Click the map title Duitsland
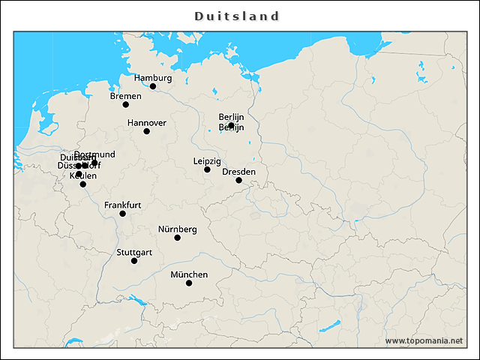click(x=237, y=16)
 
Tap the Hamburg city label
click(x=153, y=77)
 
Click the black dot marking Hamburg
click(x=153, y=86)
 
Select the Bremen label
click(x=125, y=95)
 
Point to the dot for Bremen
click(x=126, y=104)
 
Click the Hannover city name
click(x=146, y=122)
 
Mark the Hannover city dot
click(x=147, y=131)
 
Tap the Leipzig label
click(x=207, y=160)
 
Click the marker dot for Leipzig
click(x=208, y=169)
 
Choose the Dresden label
click(x=238, y=171)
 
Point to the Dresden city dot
click(x=239, y=180)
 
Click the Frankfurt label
click(x=122, y=205)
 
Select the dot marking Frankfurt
click(x=123, y=214)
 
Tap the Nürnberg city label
click(x=177, y=229)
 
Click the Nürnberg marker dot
click(x=178, y=238)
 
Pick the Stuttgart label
click(x=134, y=252)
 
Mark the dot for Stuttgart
click(x=134, y=261)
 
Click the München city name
click(x=189, y=274)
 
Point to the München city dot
click(x=189, y=283)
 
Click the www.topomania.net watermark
click(x=424, y=341)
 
